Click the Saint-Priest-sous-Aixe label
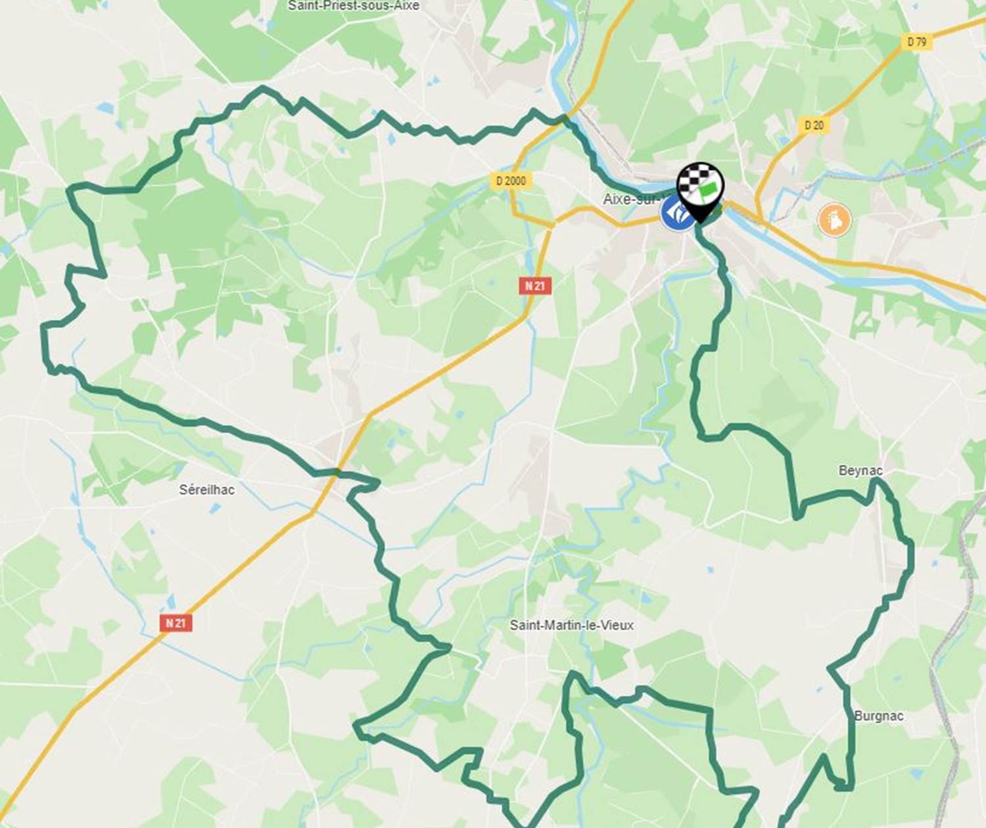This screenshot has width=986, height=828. coord(353,6)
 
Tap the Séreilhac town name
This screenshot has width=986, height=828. coord(206,490)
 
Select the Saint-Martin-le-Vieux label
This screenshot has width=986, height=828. coord(571,625)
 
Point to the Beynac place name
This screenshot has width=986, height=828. coord(860,471)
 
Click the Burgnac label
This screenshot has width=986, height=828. coord(879,716)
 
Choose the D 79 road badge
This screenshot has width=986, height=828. coord(916,42)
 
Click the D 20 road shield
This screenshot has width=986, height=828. coord(813,125)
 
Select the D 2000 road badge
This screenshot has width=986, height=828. coord(511,180)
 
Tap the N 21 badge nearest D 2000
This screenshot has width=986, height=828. coord(535,285)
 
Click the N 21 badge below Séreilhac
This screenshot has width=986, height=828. coord(176,622)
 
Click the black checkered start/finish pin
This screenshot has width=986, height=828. coord(701,187)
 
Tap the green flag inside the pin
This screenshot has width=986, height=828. coord(708,191)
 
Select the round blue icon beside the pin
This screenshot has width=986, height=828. coord(676,214)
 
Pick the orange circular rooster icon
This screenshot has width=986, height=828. coord(834,220)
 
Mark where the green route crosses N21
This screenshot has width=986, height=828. coord(337,472)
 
